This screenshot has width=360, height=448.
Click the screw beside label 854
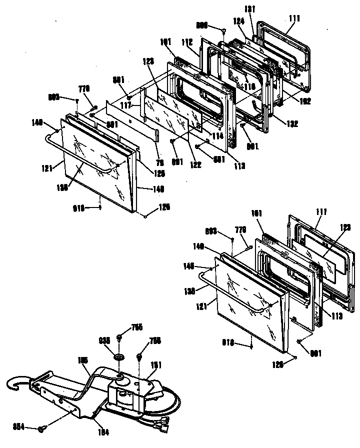tap(43, 428)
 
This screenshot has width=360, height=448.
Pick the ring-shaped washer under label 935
tap(119, 358)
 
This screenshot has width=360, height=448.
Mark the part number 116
tap(249, 86)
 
